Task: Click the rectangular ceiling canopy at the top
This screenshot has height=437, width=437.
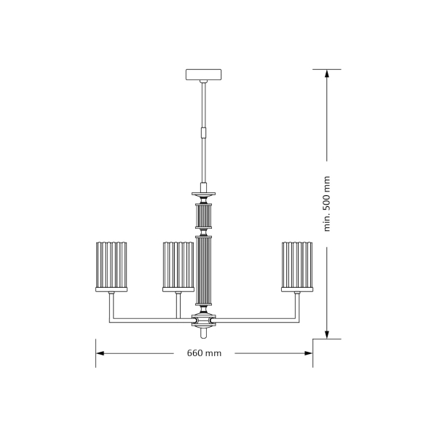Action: (x=203, y=74)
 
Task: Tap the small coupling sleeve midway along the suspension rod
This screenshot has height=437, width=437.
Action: (x=204, y=132)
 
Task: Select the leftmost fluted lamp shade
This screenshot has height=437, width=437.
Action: (x=111, y=265)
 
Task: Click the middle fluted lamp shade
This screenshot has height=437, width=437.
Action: (x=178, y=265)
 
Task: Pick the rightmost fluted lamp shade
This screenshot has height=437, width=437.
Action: (x=297, y=265)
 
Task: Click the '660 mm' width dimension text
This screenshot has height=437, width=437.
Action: (x=204, y=353)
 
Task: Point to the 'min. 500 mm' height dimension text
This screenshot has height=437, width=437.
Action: (x=327, y=204)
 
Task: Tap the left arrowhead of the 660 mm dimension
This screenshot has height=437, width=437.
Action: (x=100, y=353)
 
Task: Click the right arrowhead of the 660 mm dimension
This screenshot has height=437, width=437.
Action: (x=309, y=353)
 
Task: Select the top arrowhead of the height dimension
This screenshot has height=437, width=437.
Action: (x=327, y=74)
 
